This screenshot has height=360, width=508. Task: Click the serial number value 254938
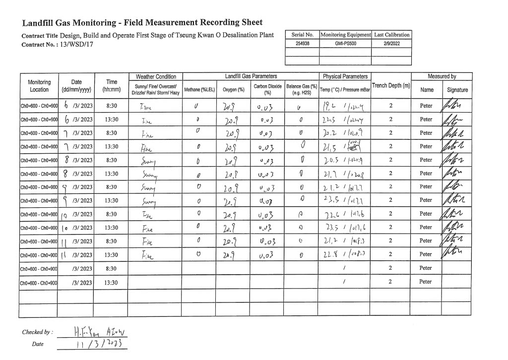(x=303, y=43)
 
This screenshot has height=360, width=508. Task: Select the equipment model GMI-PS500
(x=345, y=43)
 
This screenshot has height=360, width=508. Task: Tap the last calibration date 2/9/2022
(x=392, y=43)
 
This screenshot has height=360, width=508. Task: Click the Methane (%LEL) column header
(x=199, y=90)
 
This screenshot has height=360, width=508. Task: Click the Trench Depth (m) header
(x=391, y=86)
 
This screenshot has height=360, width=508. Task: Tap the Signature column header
(x=457, y=90)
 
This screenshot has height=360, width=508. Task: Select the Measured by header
(x=442, y=77)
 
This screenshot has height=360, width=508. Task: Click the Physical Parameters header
(x=345, y=77)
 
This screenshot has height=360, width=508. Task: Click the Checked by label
(x=37, y=332)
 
